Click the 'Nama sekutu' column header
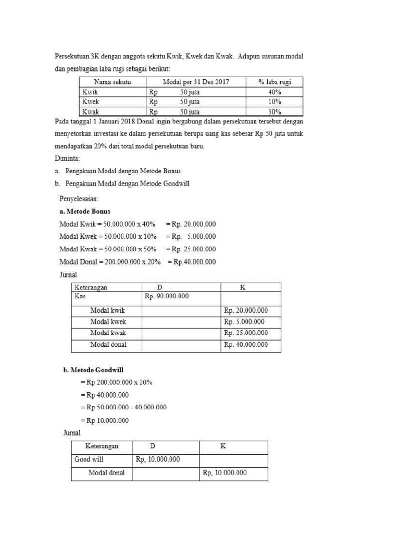112,82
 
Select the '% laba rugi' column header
274,82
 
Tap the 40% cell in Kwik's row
274,92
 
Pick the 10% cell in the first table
274,102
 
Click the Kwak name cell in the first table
91,112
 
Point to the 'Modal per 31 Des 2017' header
196,82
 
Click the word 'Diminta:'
67,157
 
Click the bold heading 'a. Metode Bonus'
85,211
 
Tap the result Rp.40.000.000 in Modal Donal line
194,262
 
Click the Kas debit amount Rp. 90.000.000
166,296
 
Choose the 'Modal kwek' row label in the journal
108,322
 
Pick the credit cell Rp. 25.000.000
246,333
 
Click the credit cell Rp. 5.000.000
244,322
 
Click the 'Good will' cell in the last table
89,459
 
